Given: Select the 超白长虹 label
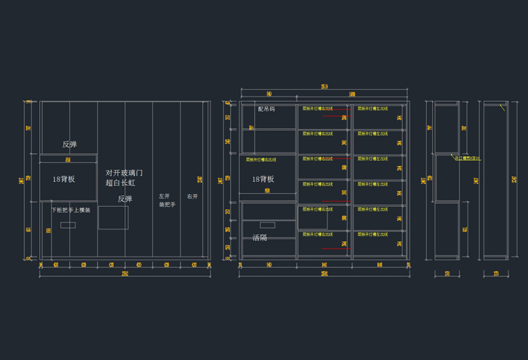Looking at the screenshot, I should (x=120, y=183).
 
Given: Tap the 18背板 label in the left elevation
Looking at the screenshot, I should (x=63, y=180).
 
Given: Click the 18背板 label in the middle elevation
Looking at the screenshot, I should (x=262, y=180).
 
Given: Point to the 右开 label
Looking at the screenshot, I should (x=192, y=196).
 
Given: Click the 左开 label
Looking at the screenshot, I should (x=164, y=196).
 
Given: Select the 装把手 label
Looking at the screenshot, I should (x=167, y=205).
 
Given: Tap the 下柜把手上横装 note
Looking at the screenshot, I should (x=71, y=210).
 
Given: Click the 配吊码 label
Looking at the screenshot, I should (x=266, y=109).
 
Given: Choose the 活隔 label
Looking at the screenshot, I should (x=259, y=237).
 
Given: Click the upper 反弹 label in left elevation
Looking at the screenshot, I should (x=69, y=144).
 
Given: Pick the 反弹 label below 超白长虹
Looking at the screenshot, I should (x=125, y=199).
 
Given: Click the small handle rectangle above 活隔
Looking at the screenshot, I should (x=267, y=224).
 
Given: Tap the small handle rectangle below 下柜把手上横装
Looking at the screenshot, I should (x=68, y=224).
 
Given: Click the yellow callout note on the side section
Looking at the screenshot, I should (x=466, y=158).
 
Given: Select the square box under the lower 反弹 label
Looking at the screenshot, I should (x=113, y=217).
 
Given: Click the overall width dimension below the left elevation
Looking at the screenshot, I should (x=124, y=273).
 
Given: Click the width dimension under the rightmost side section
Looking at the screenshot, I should (x=496, y=273).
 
